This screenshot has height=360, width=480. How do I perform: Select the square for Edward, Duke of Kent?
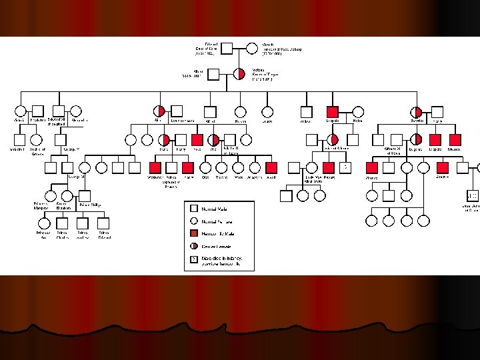(x=226, y=48)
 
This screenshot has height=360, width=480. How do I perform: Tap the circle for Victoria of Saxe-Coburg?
(x=252, y=48)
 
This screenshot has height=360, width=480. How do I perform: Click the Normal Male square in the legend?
(x=193, y=209)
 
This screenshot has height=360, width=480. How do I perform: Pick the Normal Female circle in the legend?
(x=193, y=221)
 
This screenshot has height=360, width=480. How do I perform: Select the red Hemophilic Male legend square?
(x=193, y=233)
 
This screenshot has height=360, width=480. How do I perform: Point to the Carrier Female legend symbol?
(x=193, y=246)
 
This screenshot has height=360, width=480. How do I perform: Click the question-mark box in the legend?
(x=193, y=259)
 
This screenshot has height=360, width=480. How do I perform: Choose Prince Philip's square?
(x=85, y=195)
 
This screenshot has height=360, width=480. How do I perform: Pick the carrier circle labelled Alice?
(x=159, y=111)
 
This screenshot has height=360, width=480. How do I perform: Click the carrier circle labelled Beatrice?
(x=417, y=112)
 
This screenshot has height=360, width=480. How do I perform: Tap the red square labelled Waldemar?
(x=155, y=167)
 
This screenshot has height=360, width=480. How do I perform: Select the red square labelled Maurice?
(x=455, y=140)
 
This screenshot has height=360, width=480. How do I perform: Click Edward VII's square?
(x=58, y=111)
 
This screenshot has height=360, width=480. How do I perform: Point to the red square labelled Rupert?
(x=329, y=167)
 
